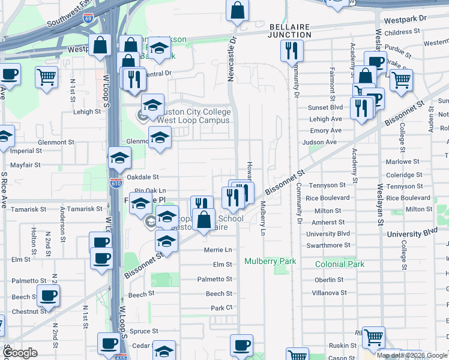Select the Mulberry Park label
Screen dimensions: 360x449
[x=270, y=262]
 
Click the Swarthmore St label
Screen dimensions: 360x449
[x=328, y=245]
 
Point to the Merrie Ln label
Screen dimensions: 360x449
[x=218, y=250]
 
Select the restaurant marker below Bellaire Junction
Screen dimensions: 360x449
[x=292, y=51]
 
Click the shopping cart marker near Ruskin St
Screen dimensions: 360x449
[x=374, y=337]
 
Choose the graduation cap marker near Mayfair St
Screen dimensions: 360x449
[x=120, y=158]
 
